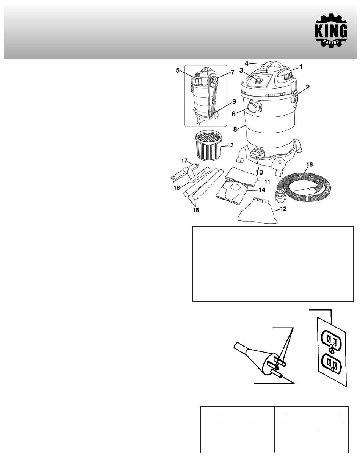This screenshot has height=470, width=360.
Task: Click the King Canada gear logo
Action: click(331, 31)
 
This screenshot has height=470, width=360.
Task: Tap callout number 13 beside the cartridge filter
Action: click(230, 145)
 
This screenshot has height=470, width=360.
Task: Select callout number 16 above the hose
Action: click(309, 165)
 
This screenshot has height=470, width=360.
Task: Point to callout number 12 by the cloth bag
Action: click(283, 209)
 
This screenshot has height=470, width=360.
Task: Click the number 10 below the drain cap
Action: click(259, 172)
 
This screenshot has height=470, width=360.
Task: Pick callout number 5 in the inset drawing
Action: click(178, 70)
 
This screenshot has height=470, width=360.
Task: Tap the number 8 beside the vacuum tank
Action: click(235, 130)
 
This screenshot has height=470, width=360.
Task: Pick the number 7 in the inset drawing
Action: click(232, 72)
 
